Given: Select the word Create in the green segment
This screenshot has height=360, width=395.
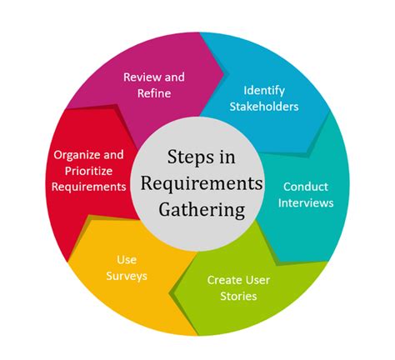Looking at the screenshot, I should tap(222, 280).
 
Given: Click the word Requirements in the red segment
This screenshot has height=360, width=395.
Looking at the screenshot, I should tap(89, 187).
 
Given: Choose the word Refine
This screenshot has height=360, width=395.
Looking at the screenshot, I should tap(154, 92).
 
